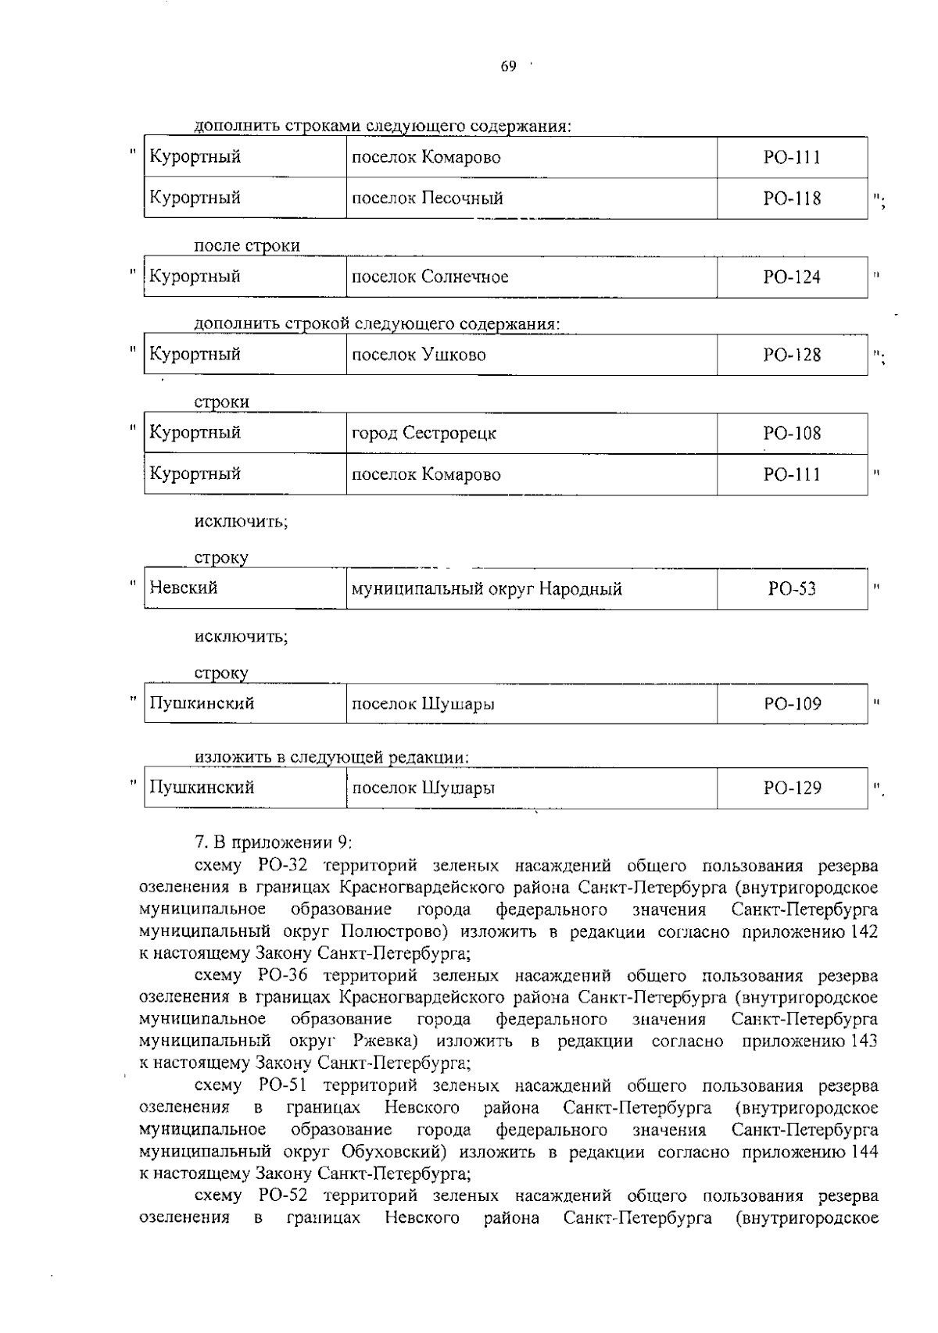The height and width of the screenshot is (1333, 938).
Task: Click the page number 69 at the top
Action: tap(508, 67)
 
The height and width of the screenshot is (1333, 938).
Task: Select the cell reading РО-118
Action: tap(792, 198)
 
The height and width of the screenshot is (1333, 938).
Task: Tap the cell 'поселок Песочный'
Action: tap(428, 198)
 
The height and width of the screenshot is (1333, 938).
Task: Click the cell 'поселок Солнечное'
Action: tap(430, 277)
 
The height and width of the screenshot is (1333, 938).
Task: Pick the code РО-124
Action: tap(792, 277)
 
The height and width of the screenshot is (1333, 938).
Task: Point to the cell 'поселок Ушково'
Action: tap(419, 355)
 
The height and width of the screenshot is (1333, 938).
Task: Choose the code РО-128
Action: tap(792, 355)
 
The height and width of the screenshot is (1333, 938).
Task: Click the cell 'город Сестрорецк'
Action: tap(424, 433)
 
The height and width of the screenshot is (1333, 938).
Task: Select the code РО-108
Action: tap(792, 433)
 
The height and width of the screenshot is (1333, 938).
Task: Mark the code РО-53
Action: tap(792, 589)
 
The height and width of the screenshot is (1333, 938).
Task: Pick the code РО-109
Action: tap(792, 704)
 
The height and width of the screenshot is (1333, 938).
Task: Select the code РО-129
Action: tap(792, 788)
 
